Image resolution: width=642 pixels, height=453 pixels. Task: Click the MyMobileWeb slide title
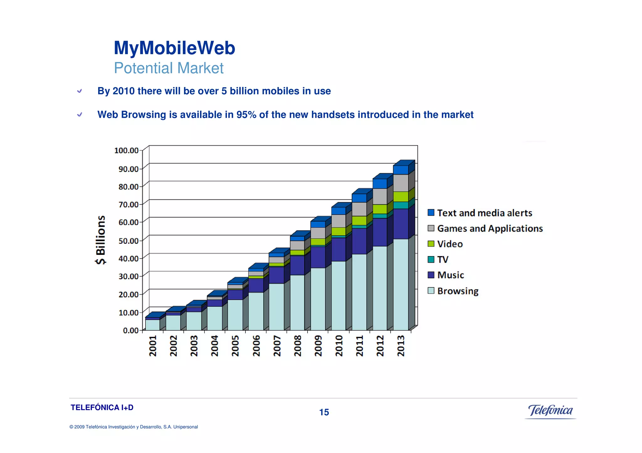174,48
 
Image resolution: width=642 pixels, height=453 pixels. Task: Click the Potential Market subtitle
169,68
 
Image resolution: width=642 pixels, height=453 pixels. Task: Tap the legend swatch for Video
431,244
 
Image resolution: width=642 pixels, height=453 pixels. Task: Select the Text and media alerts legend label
484,213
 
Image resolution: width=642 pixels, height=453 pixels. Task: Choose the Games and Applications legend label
490,229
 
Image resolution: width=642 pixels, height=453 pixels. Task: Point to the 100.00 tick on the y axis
126,151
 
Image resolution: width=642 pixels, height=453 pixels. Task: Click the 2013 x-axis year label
401,346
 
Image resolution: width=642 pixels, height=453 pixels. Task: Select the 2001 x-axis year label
153,346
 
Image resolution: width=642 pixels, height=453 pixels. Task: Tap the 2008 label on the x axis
297,346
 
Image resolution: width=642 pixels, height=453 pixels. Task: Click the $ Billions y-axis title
101,240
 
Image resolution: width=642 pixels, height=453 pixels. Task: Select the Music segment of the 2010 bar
339,250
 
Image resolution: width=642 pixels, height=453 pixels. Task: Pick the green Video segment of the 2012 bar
380,209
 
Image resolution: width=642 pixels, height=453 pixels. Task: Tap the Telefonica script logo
550,410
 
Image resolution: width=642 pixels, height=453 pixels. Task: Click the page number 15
324,412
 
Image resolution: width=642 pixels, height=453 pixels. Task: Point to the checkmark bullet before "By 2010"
80,91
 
